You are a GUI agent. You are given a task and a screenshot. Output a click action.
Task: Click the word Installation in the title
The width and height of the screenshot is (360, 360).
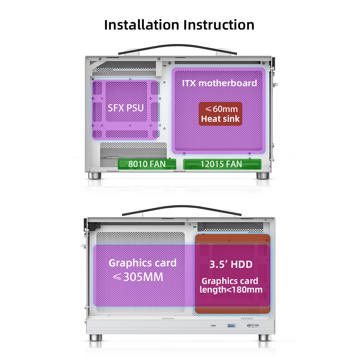tap(142, 25)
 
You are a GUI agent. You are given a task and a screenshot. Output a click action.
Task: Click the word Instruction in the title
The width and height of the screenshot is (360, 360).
tap(219, 25)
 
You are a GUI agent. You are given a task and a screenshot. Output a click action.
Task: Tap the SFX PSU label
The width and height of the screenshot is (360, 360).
tap(126, 108)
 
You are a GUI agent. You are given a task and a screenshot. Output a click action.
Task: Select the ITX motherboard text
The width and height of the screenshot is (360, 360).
tap(219, 83)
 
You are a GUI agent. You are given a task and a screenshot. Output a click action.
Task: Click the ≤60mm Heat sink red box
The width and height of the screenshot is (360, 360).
tap(220, 114)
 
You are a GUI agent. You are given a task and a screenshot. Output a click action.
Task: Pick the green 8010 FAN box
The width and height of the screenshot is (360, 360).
tap(147, 164)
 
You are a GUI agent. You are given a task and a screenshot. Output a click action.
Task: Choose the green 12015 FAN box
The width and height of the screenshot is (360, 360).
tap(222, 164)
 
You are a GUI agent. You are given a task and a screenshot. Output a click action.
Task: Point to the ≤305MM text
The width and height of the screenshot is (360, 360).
tap(138, 277)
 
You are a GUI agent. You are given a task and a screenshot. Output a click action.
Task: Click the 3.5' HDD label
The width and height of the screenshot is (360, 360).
tap(231, 264)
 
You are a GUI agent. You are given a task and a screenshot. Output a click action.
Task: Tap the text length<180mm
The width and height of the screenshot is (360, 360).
tap(231, 290)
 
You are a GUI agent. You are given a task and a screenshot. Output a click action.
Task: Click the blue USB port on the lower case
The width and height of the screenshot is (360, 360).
tap(232, 326)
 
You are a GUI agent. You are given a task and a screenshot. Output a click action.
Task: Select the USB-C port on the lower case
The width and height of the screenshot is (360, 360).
tap(213, 326)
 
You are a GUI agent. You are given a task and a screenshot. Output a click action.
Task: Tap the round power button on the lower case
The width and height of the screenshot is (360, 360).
tap(253, 326)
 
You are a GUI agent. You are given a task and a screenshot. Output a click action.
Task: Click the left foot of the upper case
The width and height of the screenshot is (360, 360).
tap(95, 175)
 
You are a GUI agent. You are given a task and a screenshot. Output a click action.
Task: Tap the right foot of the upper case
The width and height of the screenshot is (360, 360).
tap(263, 175)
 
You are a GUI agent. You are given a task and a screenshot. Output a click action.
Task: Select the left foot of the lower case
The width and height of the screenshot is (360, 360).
tap(96, 337)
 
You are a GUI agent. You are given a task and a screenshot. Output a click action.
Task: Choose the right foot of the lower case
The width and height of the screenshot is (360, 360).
tap(265, 337)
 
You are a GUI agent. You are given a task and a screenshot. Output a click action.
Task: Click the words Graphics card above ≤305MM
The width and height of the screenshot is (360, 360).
tap(142, 263)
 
